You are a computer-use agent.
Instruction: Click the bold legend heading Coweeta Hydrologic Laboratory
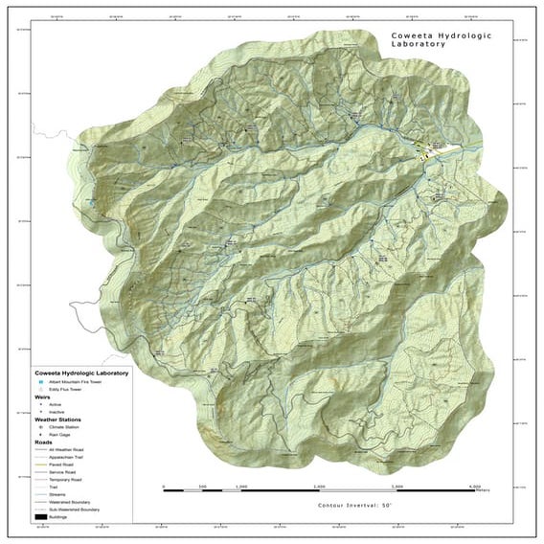pyautogui.click(x=81, y=373)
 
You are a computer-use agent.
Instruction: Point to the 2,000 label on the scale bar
pyautogui.click(x=321, y=487)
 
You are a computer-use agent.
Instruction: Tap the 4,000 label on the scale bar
pyautogui.click(x=476, y=487)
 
